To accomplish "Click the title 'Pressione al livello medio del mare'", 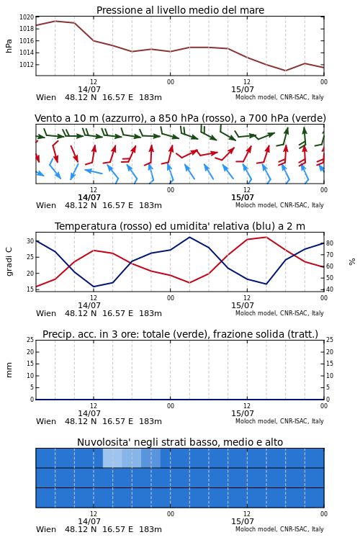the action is pyautogui.click(x=180, y=10).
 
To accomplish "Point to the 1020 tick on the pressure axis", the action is pyautogui.click(x=27, y=17).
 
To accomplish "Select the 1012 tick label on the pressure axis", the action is pyautogui.click(x=27, y=64).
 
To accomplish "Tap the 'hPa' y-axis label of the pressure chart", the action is pyautogui.click(x=9, y=46).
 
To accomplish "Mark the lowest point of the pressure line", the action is pyautogui.click(x=285, y=71).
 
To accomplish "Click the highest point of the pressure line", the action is pyautogui.click(x=55, y=21).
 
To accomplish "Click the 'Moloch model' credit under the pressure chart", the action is pyautogui.click(x=256, y=97).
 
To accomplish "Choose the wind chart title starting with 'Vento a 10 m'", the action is pyautogui.click(x=180, y=118).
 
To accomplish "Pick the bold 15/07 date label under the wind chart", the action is pyautogui.click(x=243, y=197).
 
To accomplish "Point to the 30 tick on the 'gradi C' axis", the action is pyautogui.click(x=30, y=241).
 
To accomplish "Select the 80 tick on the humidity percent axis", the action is pyautogui.click(x=330, y=243).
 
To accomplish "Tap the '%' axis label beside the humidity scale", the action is pyautogui.click(x=352, y=262).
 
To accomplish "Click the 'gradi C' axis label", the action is pyautogui.click(x=9, y=261).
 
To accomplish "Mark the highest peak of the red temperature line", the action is pyautogui.click(x=266, y=237).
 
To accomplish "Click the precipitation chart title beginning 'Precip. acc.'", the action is pyautogui.click(x=180, y=334).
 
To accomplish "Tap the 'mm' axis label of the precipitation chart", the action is pyautogui.click(x=9, y=370).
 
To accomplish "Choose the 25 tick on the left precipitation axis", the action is pyautogui.click(x=30, y=340).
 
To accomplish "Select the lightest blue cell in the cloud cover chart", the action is pyautogui.click(x=112, y=458).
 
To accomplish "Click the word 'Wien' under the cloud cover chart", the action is pyautogui.click(x=46, y=529).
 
